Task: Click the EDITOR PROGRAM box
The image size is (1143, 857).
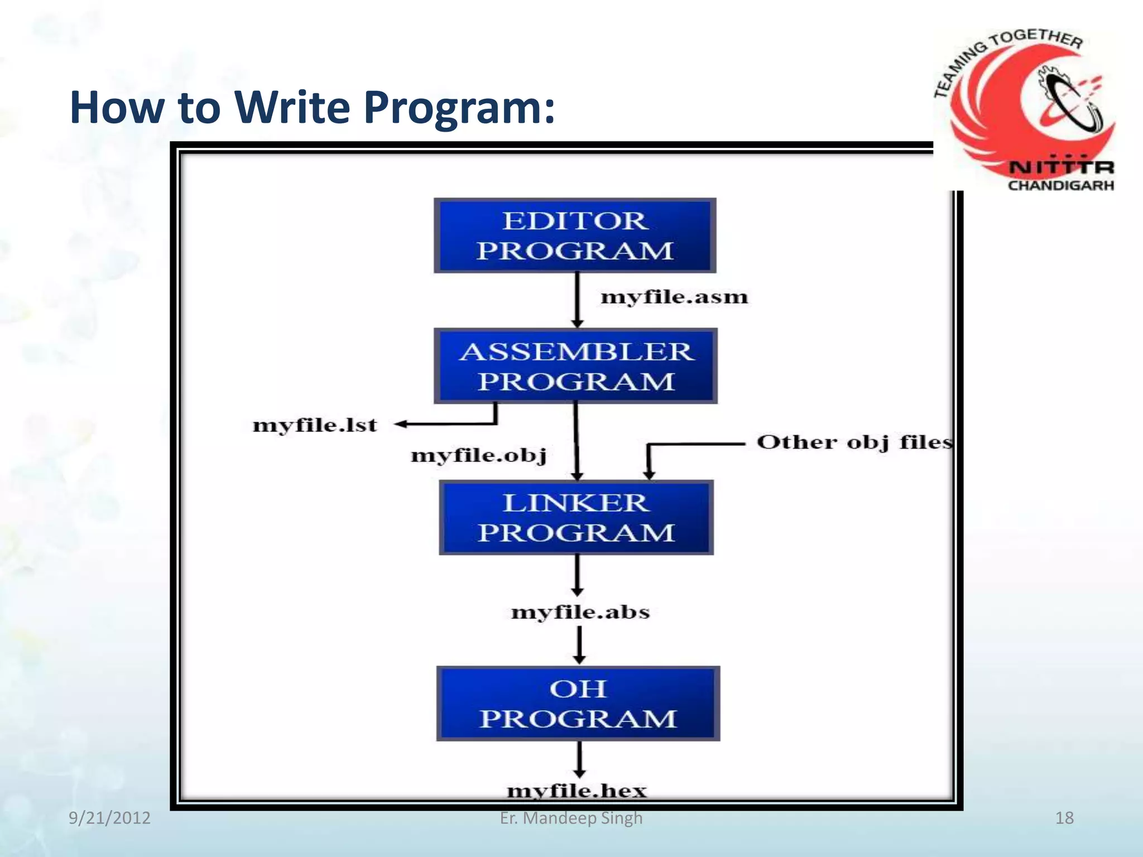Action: [x=575, y=235]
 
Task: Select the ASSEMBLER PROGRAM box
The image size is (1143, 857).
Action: [x=575, y=366]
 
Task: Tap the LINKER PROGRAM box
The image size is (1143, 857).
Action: [x=576, y=517]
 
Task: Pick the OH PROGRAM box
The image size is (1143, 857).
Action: [x=578, y=703]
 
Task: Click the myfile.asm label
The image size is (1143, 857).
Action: [x=674, y=297]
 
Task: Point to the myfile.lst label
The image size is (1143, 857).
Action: [x=315, y=425]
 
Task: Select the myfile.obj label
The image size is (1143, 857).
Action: [x=478, y=455]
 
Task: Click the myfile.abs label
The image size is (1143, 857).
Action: [x=580, y=612]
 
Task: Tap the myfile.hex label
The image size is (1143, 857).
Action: [x=577, y=791]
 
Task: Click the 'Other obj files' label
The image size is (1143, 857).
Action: [x=854, y=442]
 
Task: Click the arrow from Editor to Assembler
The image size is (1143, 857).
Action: [x=578, y=300]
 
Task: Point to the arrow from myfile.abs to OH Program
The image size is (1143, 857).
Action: [x=579, y=645]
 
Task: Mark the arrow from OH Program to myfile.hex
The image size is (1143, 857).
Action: [x=579, y=759]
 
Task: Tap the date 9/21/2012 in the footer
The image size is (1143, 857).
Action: [x=109, y=818]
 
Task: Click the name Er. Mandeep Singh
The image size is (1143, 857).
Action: [x=571, y=818]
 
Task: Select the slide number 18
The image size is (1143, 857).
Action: [x=1064, y=818]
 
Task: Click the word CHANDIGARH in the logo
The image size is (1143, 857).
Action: [x=1060, y=185]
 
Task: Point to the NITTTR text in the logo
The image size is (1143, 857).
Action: [x=1060, y=167]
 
